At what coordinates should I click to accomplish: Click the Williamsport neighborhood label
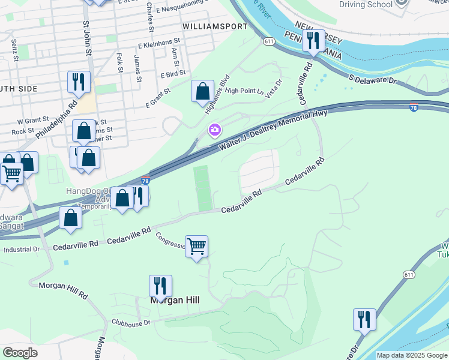214,27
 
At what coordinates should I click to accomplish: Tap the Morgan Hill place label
175,299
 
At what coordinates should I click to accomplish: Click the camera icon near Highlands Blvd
214,130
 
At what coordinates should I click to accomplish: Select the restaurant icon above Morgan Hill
160,286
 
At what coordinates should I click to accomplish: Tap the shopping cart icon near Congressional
196,246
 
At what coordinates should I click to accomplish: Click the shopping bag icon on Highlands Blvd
203,92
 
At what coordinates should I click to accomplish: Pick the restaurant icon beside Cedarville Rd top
313,41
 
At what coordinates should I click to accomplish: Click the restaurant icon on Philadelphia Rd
79,82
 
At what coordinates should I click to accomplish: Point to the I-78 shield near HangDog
145,180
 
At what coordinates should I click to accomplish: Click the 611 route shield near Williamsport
268,41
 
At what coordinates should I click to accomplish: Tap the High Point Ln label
244,91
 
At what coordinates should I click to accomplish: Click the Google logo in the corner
20,353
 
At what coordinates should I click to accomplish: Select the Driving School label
366,4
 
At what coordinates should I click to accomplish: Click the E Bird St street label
173,74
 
